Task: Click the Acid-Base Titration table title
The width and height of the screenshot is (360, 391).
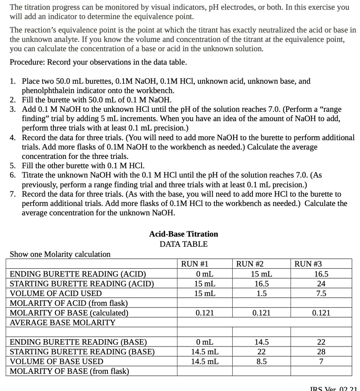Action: pyautogui.click(x=183, y=234)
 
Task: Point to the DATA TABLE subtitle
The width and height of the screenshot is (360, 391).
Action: pyautogui.click(x=183, y=244)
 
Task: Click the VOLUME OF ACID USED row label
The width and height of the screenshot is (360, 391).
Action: pyautogui.click(x=56, y=294)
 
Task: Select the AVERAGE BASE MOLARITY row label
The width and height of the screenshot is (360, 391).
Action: pyautogui.click(x=62, y=323)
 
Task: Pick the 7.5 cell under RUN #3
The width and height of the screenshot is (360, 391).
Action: pyautogui.click(x=321, y=294)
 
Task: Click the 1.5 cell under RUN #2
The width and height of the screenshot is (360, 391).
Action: pyautogui.click(x=261, y=294)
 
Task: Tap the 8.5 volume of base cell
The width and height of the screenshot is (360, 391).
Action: pyautogui.click(x=261, y=361)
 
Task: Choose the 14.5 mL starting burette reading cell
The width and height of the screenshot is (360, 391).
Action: pyautogui.click(x=205, y=352)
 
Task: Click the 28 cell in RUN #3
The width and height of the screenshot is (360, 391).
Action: pyautogui.click(x=321, y=352)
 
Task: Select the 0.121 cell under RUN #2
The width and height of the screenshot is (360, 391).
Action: pyautogui.click(x=261, y=313)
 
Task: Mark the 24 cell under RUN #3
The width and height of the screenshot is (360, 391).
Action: pyautogui.click(x=321, y=284)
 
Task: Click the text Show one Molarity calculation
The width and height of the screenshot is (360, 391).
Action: pyautogui.click(x=60, y=254)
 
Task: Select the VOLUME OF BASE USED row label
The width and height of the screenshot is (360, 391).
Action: pyautogui.click(x=56, y=361)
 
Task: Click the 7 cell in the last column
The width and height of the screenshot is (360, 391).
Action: pyautogui.click(x=321, y=361)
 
